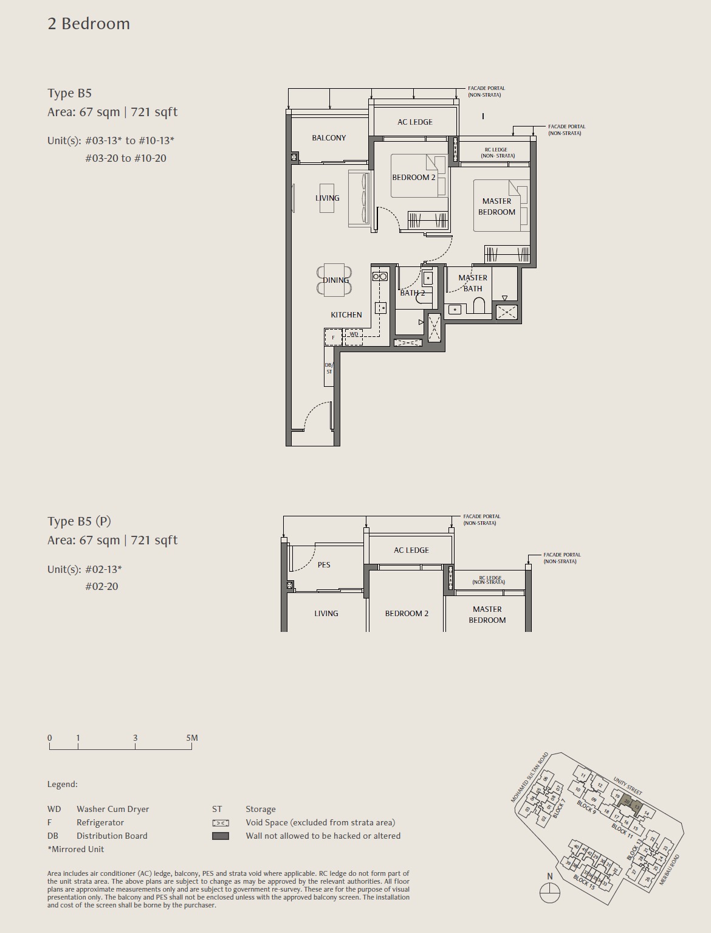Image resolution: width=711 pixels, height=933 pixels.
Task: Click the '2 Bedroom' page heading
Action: [x=89, y=24]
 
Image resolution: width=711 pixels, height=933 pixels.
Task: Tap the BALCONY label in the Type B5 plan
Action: [x=329, y=138]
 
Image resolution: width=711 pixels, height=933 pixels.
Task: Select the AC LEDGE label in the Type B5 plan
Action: [x=415, y=122]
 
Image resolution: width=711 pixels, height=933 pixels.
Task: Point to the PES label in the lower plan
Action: [x=324, y=565]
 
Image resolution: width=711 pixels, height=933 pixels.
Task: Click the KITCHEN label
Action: [x=346, y=315]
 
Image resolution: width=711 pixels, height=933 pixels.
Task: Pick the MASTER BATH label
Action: [x=473, y=283]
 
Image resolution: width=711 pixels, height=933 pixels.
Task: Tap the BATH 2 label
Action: [x=412, y=293]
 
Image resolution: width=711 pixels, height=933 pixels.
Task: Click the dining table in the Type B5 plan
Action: [x=334, y=280]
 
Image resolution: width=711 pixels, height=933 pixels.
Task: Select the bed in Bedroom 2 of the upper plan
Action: [x=418, y=176]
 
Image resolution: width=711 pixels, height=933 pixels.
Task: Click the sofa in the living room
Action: [x=359, y=199]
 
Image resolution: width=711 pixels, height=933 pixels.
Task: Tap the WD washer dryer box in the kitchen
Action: [x=354, y=335]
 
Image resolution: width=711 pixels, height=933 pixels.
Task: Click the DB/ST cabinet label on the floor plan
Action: [x=329, y=369]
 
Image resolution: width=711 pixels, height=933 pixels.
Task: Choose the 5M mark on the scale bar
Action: [x=192, y=738]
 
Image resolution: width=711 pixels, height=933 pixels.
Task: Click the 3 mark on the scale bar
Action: [x=135, y=738]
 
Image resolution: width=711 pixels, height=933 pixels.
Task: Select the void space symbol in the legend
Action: [x=221, y=823]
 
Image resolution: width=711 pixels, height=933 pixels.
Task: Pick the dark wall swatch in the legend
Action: [x=221, y=836]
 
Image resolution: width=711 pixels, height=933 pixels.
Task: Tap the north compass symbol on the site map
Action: [x=549, y=893]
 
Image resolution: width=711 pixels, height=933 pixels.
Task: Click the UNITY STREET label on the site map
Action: [x=627, y=785]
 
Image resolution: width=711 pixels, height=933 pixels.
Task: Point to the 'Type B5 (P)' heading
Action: [x=80, y=521]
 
